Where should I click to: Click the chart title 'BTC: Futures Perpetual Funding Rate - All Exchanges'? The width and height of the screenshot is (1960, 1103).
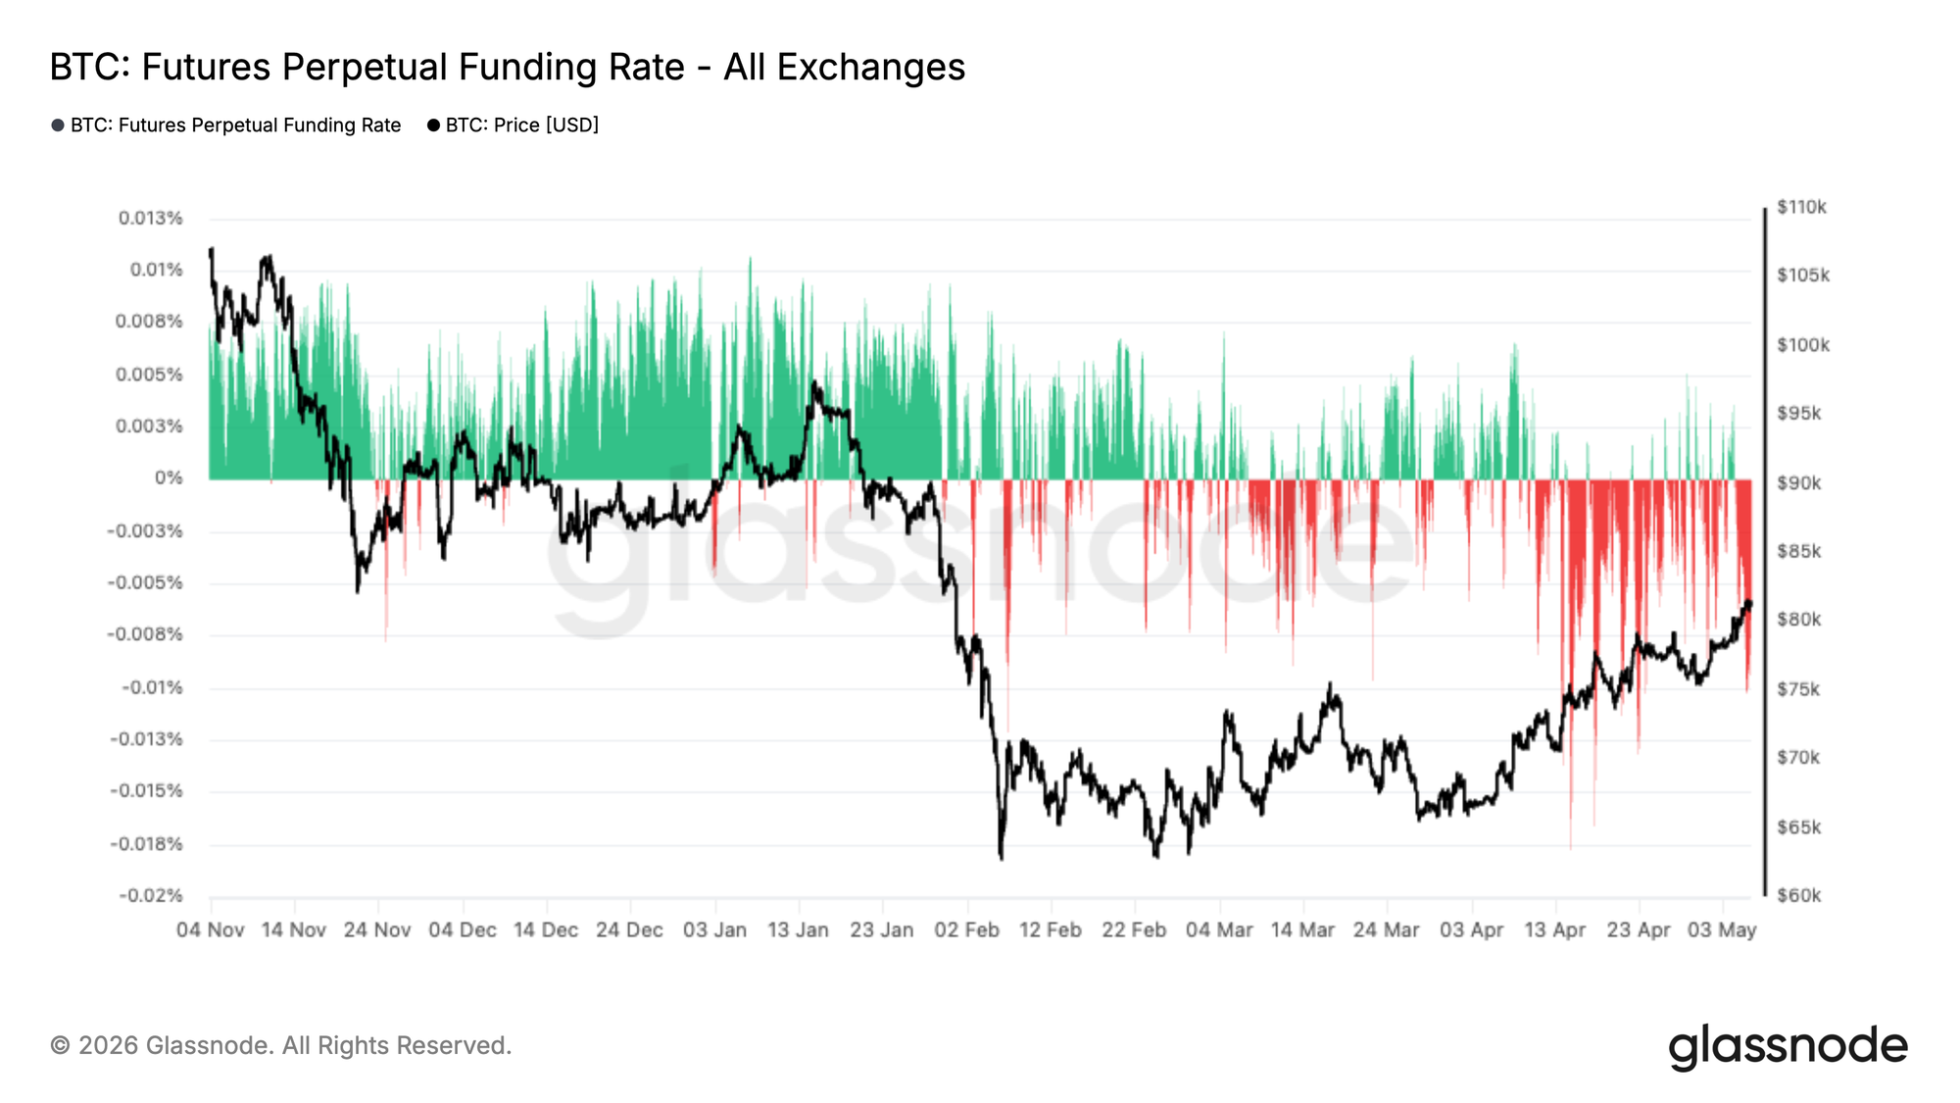tap(508, 67)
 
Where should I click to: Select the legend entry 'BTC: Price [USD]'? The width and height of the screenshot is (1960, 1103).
tap(514, 125)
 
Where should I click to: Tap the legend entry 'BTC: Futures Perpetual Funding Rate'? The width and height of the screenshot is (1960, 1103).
tap(226, 125)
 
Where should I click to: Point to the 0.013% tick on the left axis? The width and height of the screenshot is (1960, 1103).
tap(151, 218)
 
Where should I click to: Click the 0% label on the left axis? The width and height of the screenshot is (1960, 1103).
tap(169, 477)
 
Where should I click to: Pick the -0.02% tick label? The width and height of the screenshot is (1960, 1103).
tap(151, 895)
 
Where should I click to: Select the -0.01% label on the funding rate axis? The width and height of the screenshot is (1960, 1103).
tap(152, 687)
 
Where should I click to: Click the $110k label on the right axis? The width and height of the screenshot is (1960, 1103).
tap(1802, 207)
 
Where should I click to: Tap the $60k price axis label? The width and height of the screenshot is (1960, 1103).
tap(1799, 895)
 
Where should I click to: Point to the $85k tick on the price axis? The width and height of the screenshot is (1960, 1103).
tap(1799, 551)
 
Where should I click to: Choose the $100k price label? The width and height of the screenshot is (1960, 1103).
tap(1803, 345)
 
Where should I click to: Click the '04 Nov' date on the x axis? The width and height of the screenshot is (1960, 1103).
tap(211, 929)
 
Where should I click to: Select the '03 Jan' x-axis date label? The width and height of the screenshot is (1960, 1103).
tap(715, 929)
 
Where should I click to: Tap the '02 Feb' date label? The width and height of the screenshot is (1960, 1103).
tap(967, 929)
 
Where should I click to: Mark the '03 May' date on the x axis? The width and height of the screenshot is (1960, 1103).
tap(1722, 929)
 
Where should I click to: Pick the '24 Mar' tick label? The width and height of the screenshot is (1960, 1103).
tap(1387, 929)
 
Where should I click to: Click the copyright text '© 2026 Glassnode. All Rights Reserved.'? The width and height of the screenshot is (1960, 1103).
tap(281, 1045)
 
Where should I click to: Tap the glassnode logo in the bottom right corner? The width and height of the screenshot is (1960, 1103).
tap(1788, 1046)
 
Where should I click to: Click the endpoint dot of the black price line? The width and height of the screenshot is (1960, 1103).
tap(1748, 604)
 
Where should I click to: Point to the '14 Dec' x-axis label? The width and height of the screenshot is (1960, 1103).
tap(546, 929)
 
